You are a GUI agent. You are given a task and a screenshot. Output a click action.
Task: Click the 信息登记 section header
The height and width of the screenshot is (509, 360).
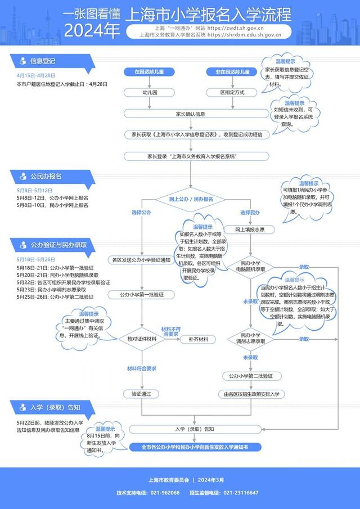click(42, 61)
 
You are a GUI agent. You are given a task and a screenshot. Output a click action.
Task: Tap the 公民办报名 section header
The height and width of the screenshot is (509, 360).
click(46, 176)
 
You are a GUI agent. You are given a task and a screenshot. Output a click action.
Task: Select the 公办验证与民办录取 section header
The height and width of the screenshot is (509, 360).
click(53, 245)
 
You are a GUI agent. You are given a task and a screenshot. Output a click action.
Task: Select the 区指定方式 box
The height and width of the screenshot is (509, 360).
click(232, 92)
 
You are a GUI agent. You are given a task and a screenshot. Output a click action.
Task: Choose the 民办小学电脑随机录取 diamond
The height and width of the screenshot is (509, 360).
click(250, 266)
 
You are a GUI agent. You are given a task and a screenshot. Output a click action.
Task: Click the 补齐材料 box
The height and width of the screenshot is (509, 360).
click(198, 339)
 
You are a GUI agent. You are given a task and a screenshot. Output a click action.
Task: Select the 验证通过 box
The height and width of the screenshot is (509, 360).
click(142, 394)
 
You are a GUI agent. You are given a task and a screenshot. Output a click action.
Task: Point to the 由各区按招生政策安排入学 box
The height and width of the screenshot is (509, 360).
click(251, 394)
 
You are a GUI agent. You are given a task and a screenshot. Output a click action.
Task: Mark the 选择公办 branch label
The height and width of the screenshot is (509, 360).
click(142, 213)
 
